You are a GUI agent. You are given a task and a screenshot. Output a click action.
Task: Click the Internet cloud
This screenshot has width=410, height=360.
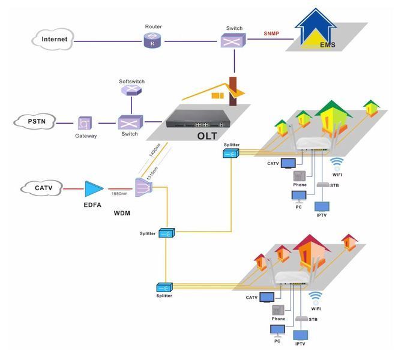pyautogui.click(x=53, y=39)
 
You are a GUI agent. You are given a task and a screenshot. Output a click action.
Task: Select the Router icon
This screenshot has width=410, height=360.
pyautogui.click(x=152, y=41)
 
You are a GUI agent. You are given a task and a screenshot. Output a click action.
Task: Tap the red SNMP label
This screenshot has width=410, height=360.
pyautogui.click(x=271, y=34)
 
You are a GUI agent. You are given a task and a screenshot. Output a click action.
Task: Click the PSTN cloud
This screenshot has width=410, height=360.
pyautogui.click(x=35, y=122)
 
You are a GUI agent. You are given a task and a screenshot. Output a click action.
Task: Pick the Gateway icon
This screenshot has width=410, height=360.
pyautogui.click(x=85, y=123)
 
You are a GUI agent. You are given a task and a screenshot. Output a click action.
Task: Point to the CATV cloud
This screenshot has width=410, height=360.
pyautogui.click(x=42, y=188)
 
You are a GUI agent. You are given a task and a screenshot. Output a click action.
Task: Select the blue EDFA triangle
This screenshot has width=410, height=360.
pyautogui.click(x=94, y=189)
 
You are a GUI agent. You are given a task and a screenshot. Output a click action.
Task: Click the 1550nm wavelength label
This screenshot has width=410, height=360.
pyautogui.click(x=119, y=194)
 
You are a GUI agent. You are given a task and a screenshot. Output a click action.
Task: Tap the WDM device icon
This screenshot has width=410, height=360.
pyautogui.click(x=143, y=187)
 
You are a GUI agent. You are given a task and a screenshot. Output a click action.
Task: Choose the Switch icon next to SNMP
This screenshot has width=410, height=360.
pyautogui.click(x=234, y=40)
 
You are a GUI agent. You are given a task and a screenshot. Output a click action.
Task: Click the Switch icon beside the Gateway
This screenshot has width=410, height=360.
pyautogui.click(x=130, y=122)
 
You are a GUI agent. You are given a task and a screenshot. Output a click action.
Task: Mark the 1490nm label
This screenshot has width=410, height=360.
pyautogui.click(x=154, y=150)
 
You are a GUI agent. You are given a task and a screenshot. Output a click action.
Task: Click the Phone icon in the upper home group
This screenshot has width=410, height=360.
pyautogui.click(x=300, y=176)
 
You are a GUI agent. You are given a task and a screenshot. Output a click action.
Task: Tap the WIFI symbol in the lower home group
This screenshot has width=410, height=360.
pyautogui.click(x=315, y=298)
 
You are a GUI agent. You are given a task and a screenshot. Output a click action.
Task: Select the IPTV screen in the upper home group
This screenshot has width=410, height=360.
pyautogui.click(x=322, y=206)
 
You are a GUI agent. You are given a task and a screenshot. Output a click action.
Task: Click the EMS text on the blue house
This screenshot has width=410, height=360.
pyautogui.click(x=328, y=45)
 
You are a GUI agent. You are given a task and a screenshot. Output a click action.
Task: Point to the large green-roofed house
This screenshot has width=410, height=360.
pyautogui.click(x=332, y=118)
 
